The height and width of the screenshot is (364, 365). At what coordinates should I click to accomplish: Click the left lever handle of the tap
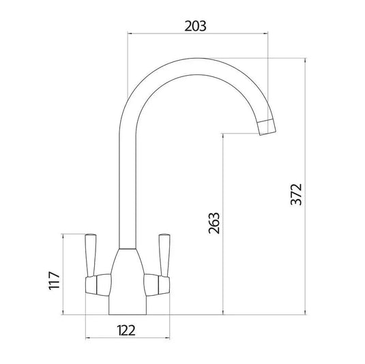pyautogui.click(x=90, y=252)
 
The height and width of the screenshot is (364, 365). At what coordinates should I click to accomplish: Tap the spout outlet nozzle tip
pyautogui.click(x=268, y=127)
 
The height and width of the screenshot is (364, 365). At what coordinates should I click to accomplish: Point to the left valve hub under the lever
pyautogui.click(x=98, y=283)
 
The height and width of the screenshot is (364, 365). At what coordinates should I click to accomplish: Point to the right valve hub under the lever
pyautogui.click(x=157, y=283)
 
